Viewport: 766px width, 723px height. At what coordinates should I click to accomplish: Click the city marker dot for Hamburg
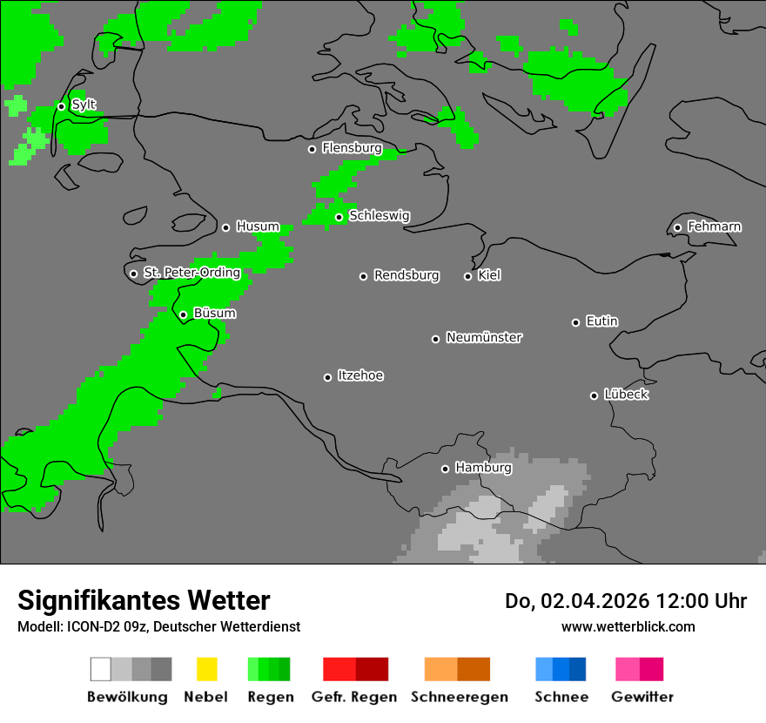[445, 469]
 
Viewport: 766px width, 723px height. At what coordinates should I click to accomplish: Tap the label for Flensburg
[352, 148]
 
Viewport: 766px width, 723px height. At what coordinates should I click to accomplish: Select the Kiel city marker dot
[467, 276]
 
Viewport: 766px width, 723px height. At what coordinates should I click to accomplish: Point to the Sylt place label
[84, 105]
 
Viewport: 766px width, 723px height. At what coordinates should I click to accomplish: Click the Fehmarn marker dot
[677, 228]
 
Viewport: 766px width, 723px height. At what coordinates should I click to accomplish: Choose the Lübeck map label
[626, 395]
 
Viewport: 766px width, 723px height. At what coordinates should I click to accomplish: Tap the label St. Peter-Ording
[191, 273]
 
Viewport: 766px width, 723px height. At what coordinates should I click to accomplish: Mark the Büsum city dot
[183, 314]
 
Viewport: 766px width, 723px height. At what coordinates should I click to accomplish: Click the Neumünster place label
[484, 337]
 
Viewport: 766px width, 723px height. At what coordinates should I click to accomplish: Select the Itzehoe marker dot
[327, 377]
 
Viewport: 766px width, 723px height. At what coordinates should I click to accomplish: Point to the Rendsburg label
[407, 275]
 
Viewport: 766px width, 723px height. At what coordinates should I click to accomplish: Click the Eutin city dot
[575, 322]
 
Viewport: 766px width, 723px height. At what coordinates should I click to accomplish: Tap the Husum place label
[258, 226]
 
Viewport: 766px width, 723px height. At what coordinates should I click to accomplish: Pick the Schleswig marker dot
[339, 217]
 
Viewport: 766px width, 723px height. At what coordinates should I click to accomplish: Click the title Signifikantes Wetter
[144, 600]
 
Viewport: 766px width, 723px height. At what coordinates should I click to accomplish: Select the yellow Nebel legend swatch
[206, 669]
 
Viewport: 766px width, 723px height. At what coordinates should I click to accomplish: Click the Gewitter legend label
[642, 697]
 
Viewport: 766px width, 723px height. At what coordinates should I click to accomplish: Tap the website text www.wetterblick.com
[628, 626]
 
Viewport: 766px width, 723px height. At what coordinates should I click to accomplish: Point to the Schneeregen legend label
[460, 697]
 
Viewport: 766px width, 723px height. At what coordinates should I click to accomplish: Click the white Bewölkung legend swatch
[101, 669]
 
